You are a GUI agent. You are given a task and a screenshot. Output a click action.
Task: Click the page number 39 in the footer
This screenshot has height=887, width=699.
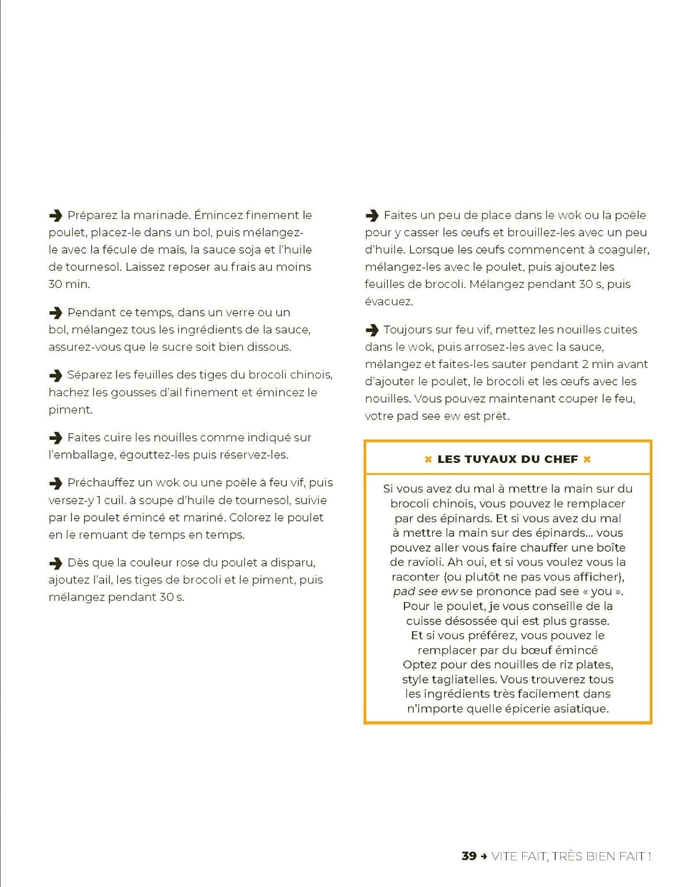pos(469,856)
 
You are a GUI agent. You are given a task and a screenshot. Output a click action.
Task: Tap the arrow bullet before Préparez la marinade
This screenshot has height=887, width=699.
pos(56,215)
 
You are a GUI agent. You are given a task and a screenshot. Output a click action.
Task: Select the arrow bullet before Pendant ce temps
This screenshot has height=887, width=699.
pos(56,312)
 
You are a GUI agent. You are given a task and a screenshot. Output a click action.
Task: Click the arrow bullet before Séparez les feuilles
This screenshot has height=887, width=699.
pos(56,375)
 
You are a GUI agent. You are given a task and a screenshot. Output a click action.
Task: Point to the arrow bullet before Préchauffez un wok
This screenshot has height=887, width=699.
pos(56,483)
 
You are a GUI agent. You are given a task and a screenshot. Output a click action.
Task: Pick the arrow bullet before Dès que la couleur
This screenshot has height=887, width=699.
pos(56,562)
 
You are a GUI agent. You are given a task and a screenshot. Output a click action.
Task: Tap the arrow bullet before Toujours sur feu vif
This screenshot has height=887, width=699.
pos(372,329)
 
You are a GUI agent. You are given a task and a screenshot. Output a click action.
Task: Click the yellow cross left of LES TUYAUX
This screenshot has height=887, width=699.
pos(428,459)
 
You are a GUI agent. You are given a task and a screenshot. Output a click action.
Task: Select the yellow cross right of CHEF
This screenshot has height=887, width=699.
pos(587,459)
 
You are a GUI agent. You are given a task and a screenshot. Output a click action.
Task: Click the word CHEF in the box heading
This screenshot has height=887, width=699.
pos(562,459)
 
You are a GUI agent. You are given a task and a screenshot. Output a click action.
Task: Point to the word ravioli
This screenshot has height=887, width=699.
pos(422,562)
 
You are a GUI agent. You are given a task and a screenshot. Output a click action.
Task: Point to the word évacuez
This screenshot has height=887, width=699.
pos(389,301)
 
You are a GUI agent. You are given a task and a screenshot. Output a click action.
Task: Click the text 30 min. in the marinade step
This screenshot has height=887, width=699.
pos(69,284)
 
